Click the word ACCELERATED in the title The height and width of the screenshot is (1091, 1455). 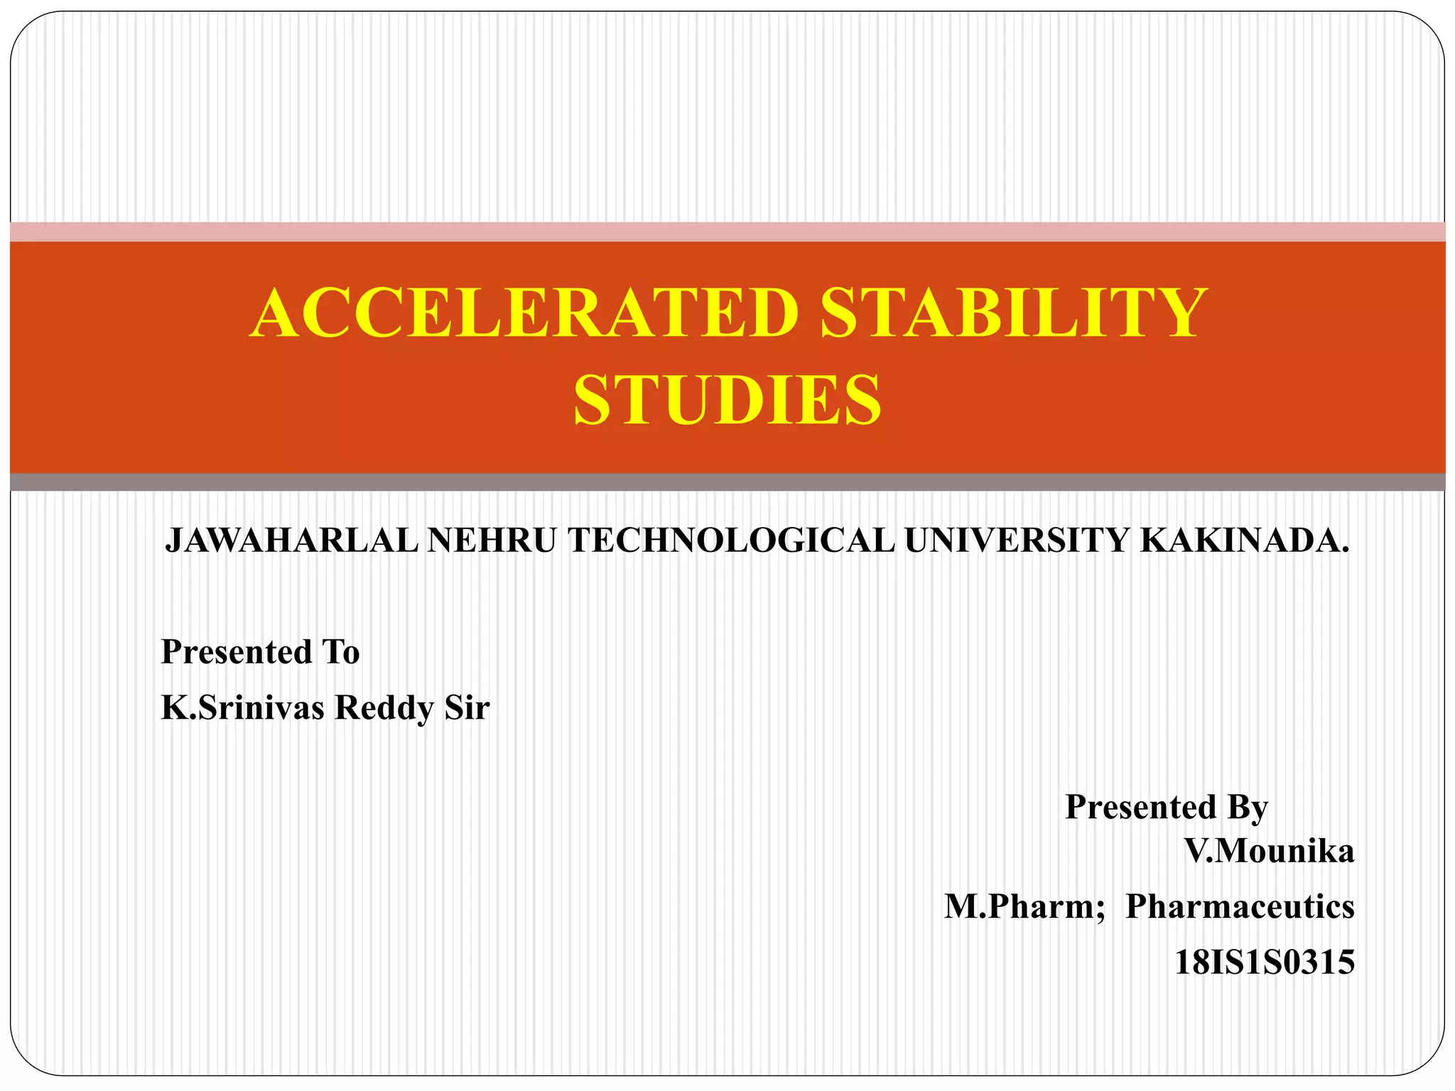point(525,313)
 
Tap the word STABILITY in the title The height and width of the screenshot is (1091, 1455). point(1013,313)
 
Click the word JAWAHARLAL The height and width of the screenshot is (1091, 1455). point(292,541)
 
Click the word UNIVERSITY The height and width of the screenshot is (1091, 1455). point(1016,541)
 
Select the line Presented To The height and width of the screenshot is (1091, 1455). point(261,652)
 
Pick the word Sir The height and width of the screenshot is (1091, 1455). point(467,707)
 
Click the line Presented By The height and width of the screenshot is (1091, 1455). point(1167,808)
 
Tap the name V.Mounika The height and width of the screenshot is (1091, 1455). point(1268,851)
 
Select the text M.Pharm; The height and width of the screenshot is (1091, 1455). point(1024,907)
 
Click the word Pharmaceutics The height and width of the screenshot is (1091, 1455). point(1240,907)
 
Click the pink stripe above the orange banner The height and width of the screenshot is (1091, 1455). point(727,232)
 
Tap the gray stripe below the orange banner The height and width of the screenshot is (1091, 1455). point(727,482)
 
